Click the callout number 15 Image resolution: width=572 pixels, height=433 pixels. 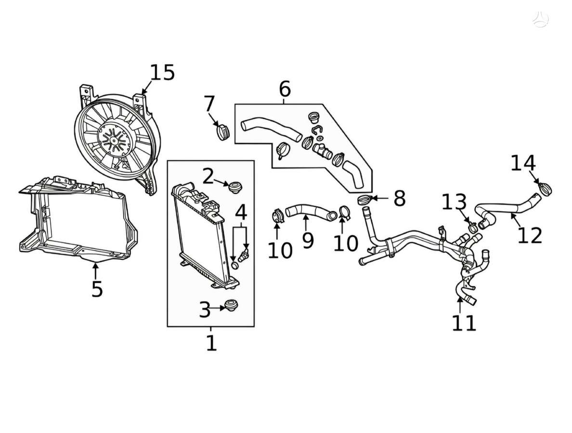pyautogui.click(x=162, y=73)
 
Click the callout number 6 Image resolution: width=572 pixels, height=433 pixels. pyautogui.click(x=285, y=89)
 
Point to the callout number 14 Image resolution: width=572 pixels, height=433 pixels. pyautogui.click(x=523, y=163)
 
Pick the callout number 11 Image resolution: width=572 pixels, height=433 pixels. pyautogui.click(x=464, y=323)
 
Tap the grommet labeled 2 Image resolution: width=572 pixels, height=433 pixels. pyautogui.click(x=235, y=187)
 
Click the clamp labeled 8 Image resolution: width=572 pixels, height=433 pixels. pyautogui.click(x=365, y=200)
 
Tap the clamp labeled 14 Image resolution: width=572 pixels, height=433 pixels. pyautogui.click(x=546, y=189)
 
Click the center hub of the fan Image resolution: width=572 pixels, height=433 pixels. pyautogui.click(x=114, y=140)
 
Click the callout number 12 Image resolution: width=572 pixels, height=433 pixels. pyautogui.click(x=530, y=235)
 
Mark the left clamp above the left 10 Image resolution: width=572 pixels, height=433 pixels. pyautogui.click(x=278, y=215)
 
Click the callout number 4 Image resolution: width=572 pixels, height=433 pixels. pyautogui.click(x=241, y=213)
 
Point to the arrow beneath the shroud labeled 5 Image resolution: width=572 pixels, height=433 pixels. pyautogui.click(x=95, y=271)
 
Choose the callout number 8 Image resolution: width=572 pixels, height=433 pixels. pyautogui.click(x=400, y=199)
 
